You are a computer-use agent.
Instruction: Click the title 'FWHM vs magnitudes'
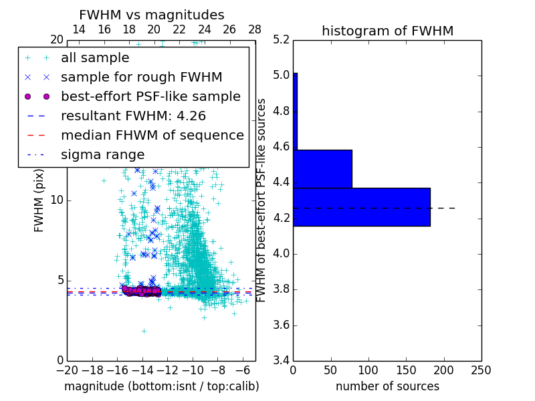pyautogui.click(x=152, y=15)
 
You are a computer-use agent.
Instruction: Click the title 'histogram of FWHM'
pyautogui.click(x=387, y=31)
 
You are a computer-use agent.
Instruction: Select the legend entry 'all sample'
pyautogui.click(x=95, y=58)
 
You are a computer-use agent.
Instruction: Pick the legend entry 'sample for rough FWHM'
pyautogui.click(x=141, y=77)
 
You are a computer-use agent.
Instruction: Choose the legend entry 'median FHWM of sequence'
pyautogui.click(x=152, y=135)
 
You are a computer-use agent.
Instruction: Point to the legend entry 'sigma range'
pyautogui.click(x=102, y=154)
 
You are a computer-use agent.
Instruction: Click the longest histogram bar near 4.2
pyautogui.click(x=361, y=207)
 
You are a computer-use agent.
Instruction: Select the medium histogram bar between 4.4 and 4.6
pyautogui.click(x=322, y=169)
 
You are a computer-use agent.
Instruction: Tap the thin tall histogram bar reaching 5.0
pyautogui.click(x=295, y=111)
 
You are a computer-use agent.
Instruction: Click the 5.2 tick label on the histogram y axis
pyautogui.click(x=282, y=39)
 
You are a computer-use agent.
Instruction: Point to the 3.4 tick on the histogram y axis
pyautogui.click(x=282, y=361)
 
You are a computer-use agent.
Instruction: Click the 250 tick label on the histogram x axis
pyautogui.click(x=481, y=370)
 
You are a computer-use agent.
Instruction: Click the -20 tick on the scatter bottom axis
pyautogui.click(x=67, y=370)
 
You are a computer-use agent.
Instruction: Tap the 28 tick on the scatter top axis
pyautogui.click(x=255, y=30)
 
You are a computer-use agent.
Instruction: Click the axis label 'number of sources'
pyautogui.click(x=387, y=386)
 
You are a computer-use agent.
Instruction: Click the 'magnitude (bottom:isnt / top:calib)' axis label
pyautogui.click(x=161, y=386)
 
